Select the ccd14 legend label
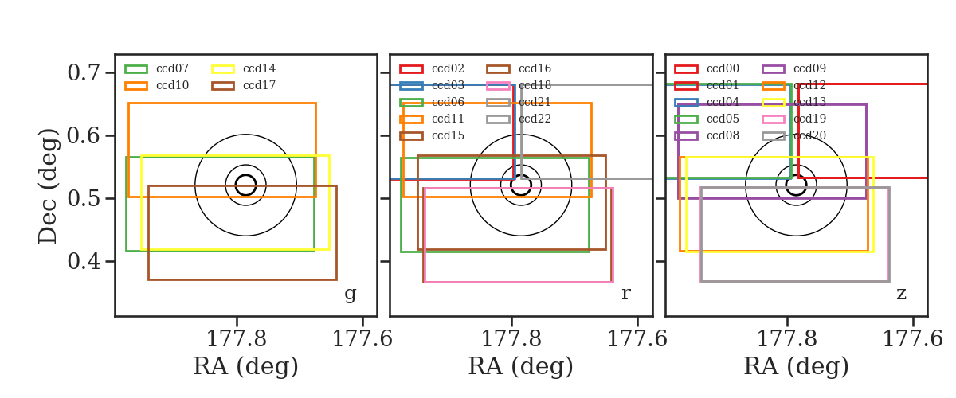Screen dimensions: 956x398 [x=259, y=68]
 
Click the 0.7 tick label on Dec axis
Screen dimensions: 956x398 [x=84, y=72]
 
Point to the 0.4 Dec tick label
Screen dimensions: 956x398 [x=84, y=261]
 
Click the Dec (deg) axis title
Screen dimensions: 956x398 [x=47, y=186]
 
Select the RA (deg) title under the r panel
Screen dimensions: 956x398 [x=521, y=366]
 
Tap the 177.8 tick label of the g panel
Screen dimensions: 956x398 [x=237, y=339]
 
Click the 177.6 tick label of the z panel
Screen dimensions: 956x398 [x=912, y=339]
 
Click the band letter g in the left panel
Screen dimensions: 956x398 [x=350, y=294]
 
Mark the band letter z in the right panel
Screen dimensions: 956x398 [x=901, y=294]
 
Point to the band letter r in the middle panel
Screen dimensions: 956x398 [x=625, y=294]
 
